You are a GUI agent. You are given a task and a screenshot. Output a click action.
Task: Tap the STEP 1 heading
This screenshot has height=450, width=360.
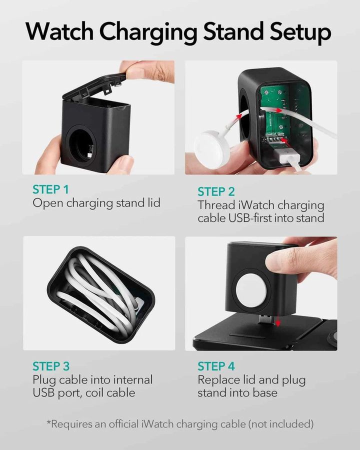[50, 189]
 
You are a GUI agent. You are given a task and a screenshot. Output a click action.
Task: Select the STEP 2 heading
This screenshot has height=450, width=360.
[215, 191]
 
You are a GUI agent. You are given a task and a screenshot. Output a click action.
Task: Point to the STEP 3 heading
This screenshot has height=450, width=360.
[50, 366]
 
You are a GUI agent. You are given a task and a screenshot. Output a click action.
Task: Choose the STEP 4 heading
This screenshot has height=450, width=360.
[216, 366]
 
